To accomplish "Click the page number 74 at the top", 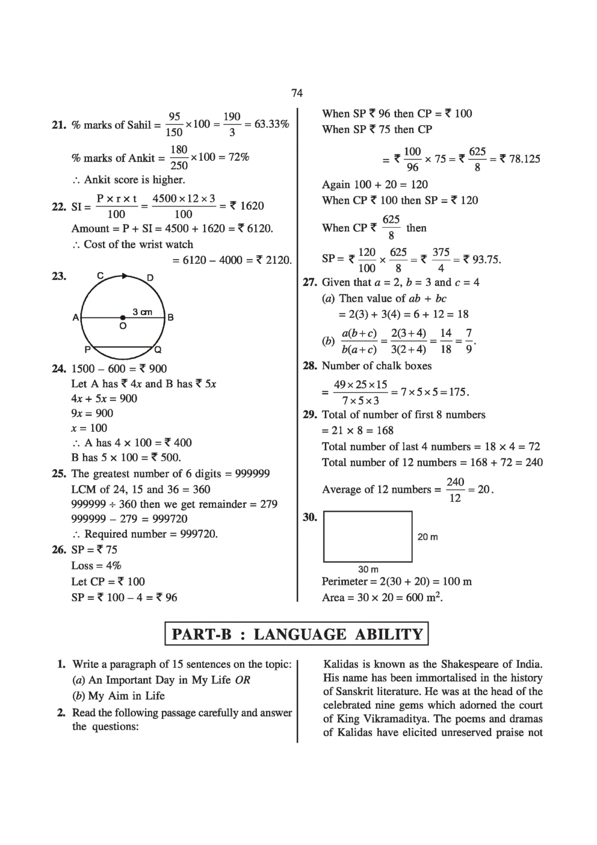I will [x=297, y=93].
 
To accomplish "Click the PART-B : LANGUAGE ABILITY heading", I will [x=297, y=634].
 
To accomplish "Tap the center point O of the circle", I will [x=123, y=317].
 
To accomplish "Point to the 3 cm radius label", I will [x=142, y=312].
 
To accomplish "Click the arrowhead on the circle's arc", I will [x=125, y=276].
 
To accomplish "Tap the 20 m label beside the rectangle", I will [x=427, y=537].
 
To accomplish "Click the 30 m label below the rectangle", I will [x=368, y=569].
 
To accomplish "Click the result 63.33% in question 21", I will [x=271, y=125].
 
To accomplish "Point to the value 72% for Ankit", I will [x=235, y=157].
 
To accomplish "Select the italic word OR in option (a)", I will [x=243, y=680].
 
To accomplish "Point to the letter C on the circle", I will [x=101, y=276].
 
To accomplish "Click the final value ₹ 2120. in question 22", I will [x=274, y=260].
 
